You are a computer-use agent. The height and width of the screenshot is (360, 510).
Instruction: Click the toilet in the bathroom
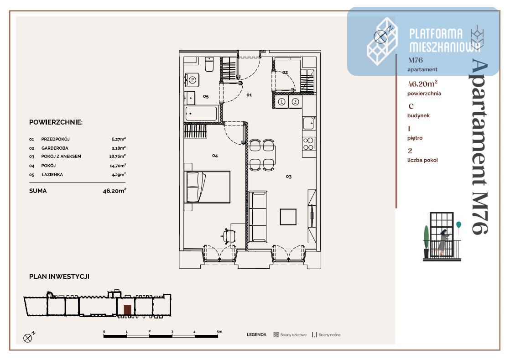click(209, 64)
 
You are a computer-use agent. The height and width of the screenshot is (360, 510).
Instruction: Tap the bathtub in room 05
click(201, 114)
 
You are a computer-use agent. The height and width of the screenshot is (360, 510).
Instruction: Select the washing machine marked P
click(192, 80)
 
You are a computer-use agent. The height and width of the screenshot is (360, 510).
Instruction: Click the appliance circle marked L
click(281, 102)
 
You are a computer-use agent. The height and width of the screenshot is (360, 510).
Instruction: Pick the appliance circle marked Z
click(295, 102)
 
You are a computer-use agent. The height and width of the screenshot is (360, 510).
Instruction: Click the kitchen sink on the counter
click(309, 123)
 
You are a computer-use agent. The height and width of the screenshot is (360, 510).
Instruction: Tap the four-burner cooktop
click(309, 144)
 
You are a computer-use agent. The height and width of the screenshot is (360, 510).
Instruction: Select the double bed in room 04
click(207, 187)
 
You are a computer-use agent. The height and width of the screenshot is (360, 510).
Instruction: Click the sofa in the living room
click(257, 217)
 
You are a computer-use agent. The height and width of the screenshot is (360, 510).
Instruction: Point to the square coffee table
click(288, 217)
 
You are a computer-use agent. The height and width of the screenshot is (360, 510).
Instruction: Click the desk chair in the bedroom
click(229, 236)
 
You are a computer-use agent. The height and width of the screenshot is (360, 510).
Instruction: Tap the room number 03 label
click(289, 177)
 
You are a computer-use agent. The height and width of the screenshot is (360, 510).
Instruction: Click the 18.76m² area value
click(117, 156)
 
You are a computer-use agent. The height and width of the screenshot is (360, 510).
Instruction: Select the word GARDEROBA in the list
click(55, 148)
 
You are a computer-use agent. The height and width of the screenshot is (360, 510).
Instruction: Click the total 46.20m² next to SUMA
click(114, 191)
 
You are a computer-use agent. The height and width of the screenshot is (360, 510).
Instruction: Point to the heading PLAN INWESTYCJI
click(59, 277)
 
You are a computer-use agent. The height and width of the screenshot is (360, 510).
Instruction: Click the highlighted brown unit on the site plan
click(128, 310)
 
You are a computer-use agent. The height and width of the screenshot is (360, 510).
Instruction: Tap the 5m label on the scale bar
click(219, 331)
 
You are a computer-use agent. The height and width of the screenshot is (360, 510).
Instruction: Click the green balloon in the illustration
click(458, 224)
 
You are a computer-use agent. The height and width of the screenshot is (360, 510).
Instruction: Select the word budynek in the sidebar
click(418, 115)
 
